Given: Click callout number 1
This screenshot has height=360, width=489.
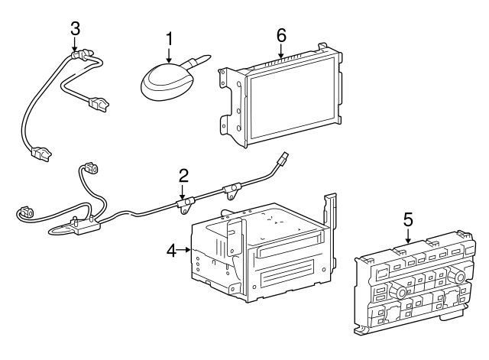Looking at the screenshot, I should click(x=169, y=37).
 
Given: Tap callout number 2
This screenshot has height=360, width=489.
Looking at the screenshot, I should click(x=183, y=177).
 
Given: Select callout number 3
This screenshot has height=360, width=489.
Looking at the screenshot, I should click(x=74, y=28).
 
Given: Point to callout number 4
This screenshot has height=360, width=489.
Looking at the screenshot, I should click(x=172, y=250).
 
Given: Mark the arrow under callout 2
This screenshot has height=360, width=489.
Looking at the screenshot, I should click(x=183, y=193).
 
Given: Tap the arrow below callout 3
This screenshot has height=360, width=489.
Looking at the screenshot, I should click(x=74, y=45).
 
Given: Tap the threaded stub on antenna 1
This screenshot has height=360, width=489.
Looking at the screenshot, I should click(x=202, y=58).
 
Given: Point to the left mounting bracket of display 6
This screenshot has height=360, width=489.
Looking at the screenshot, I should click(x=228, y=99).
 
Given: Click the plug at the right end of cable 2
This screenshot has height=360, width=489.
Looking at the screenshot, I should click(x=283, y=161).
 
